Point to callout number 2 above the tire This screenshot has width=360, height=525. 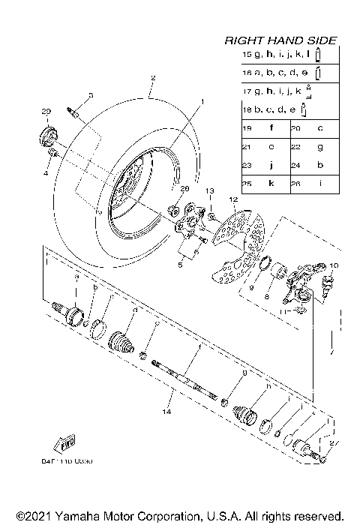[x=152, y=78]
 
